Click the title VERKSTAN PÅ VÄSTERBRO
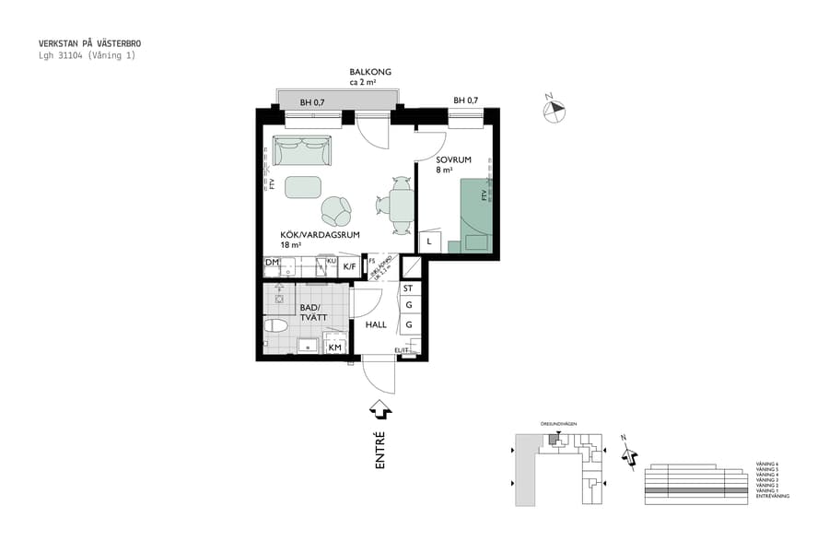[x=89, y=43]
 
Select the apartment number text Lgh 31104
[x=60, y=55]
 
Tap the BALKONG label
[x=370, y=72]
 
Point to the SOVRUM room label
[x=453, y=159]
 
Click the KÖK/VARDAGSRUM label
[x=319, y=235]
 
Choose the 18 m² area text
[x=292, y=246]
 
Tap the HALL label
[x=376, y=324]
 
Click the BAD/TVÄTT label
[x=311, y=312]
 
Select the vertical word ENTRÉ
[x=379, y=452]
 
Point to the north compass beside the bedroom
[x=555, y=110]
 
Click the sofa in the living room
[x=301, y=151]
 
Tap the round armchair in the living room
[x=336, y=211]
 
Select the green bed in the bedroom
[x=476, y=214]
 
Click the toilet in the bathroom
[x=275, y=325]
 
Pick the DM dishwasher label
[x=272, y=264]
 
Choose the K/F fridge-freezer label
[x=349, y=267]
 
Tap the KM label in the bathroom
[x=335, y=347]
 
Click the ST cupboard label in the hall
[x=408, y=288]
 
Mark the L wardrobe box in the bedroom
[x=428, y=241]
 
